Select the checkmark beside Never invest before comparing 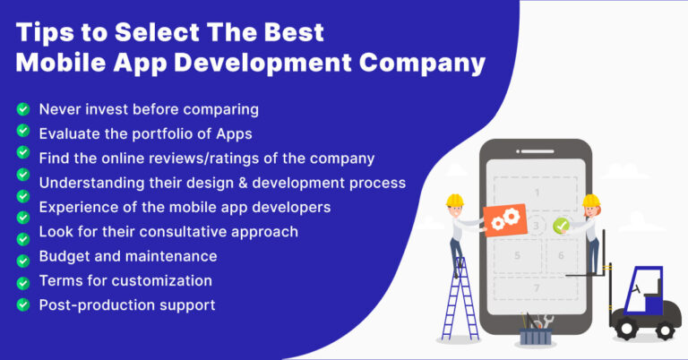click(22, 110)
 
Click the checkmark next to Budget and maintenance click(22, 256)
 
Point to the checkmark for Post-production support click(22, 305)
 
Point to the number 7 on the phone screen click(536, 288)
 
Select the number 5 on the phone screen click(517, 255)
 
